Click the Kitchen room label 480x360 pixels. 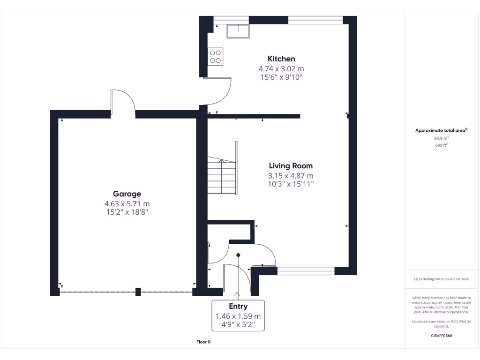tap(281, 59)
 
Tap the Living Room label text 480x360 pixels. tap(291, 165)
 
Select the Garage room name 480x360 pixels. tap(127, 194)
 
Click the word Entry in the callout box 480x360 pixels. tap(238, 306)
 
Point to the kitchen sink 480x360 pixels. tap(238, 31)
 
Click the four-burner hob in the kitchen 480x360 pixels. tap(216, 56)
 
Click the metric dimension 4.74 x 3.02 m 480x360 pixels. tap(281, 68)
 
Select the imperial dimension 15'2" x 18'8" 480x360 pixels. tap(127, 212)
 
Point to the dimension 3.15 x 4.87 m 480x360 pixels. tap(291, 176)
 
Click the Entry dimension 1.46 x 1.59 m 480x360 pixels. tap(238, 316)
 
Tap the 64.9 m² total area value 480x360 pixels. tap(441, 138)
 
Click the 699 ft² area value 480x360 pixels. tap(441, 145)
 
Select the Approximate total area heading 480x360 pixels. tap(441, 131)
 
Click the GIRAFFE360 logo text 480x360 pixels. tap(441, 336)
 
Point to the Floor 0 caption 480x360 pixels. tap(203, 342)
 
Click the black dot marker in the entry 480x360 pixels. tap(238, 255)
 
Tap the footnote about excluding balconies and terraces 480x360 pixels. tap(441, 279)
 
